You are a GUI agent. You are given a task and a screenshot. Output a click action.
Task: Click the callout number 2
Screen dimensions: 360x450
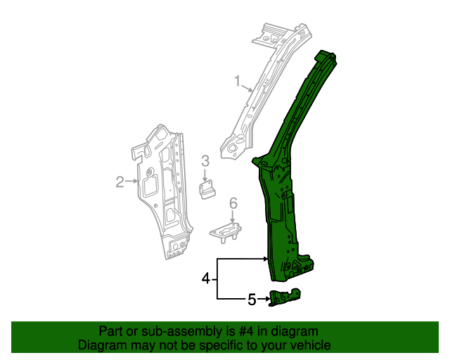click(120, 183)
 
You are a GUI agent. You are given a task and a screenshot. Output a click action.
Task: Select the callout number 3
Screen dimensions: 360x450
click(205, 162)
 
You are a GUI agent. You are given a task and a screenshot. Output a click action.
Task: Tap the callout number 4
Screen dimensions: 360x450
click(206, 279)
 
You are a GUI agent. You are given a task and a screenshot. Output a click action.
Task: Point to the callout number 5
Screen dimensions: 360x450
click(252, 300)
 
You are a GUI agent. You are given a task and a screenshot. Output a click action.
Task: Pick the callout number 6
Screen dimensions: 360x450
click(233, 204)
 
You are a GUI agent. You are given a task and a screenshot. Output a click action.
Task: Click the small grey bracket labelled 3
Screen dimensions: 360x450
click(207, 190)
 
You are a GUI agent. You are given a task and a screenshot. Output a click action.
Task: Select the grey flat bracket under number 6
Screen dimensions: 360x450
click(225, 230)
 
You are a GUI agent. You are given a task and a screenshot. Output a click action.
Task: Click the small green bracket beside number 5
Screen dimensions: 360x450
click(285, 298)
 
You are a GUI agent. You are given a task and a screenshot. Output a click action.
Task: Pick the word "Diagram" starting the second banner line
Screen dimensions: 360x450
click(101, 346)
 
